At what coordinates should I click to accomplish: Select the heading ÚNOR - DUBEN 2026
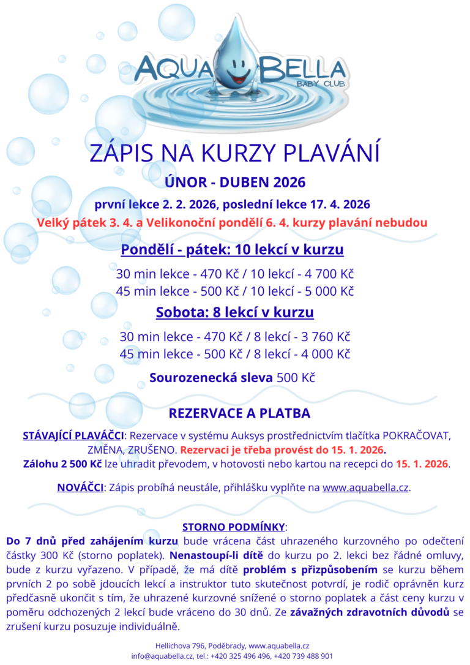(235, 182)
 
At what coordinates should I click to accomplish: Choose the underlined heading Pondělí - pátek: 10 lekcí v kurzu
(232, 250)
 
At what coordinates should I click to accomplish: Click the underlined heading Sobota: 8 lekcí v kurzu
(235, 312)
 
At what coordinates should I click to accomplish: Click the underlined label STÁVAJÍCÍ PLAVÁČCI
(72, 436)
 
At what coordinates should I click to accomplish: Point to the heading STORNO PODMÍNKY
(234, 527)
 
